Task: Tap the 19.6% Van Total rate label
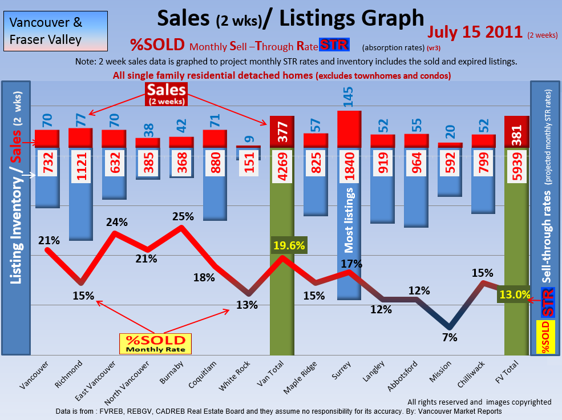click(289, 246)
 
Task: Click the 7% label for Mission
click(450, 337)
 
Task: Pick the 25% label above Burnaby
click(182, 216)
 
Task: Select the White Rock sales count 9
click(248, 138)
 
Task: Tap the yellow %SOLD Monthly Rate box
click(155, 344)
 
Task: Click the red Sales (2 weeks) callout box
click(166, 94)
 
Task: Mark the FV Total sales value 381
click(517, 136)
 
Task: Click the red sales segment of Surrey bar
click(349, 130)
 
